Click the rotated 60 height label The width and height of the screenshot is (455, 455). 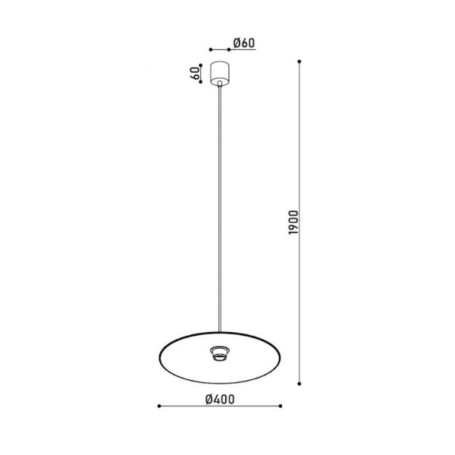click(195, 74)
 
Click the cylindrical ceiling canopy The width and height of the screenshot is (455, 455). click(221, 72)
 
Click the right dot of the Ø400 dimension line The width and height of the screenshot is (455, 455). click(280, 406)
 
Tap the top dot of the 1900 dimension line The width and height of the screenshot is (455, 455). click(302, 61)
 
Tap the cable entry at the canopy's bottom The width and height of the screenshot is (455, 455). click(221, 86)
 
